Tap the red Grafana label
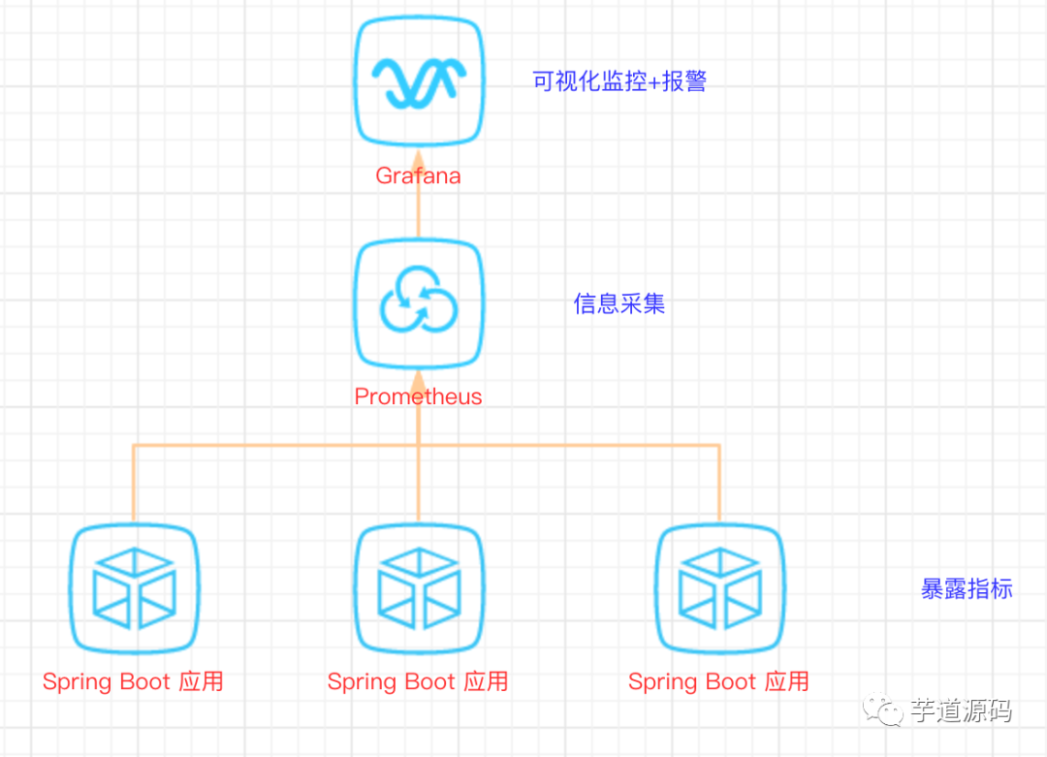(x=418, y=176)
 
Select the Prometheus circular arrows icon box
(x=419, y=303)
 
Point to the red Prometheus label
(x=418, y=396)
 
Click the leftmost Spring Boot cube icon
(x=134, y=588)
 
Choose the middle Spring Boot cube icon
(x=419, y=588)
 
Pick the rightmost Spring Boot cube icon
(x=719, y=588)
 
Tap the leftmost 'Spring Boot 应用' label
(x=133, y=681)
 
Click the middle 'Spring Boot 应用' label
(x=418, y=681)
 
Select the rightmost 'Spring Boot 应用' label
(x=718, y=681)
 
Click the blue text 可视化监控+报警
(x=619, y=81)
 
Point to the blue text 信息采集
(x=619, y=304)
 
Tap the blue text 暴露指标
(x=967, y=588)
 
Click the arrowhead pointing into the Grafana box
(x=418, y=158)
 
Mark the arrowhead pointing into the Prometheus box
(x=418, y=379)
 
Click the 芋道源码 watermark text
(x=961, y=711)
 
